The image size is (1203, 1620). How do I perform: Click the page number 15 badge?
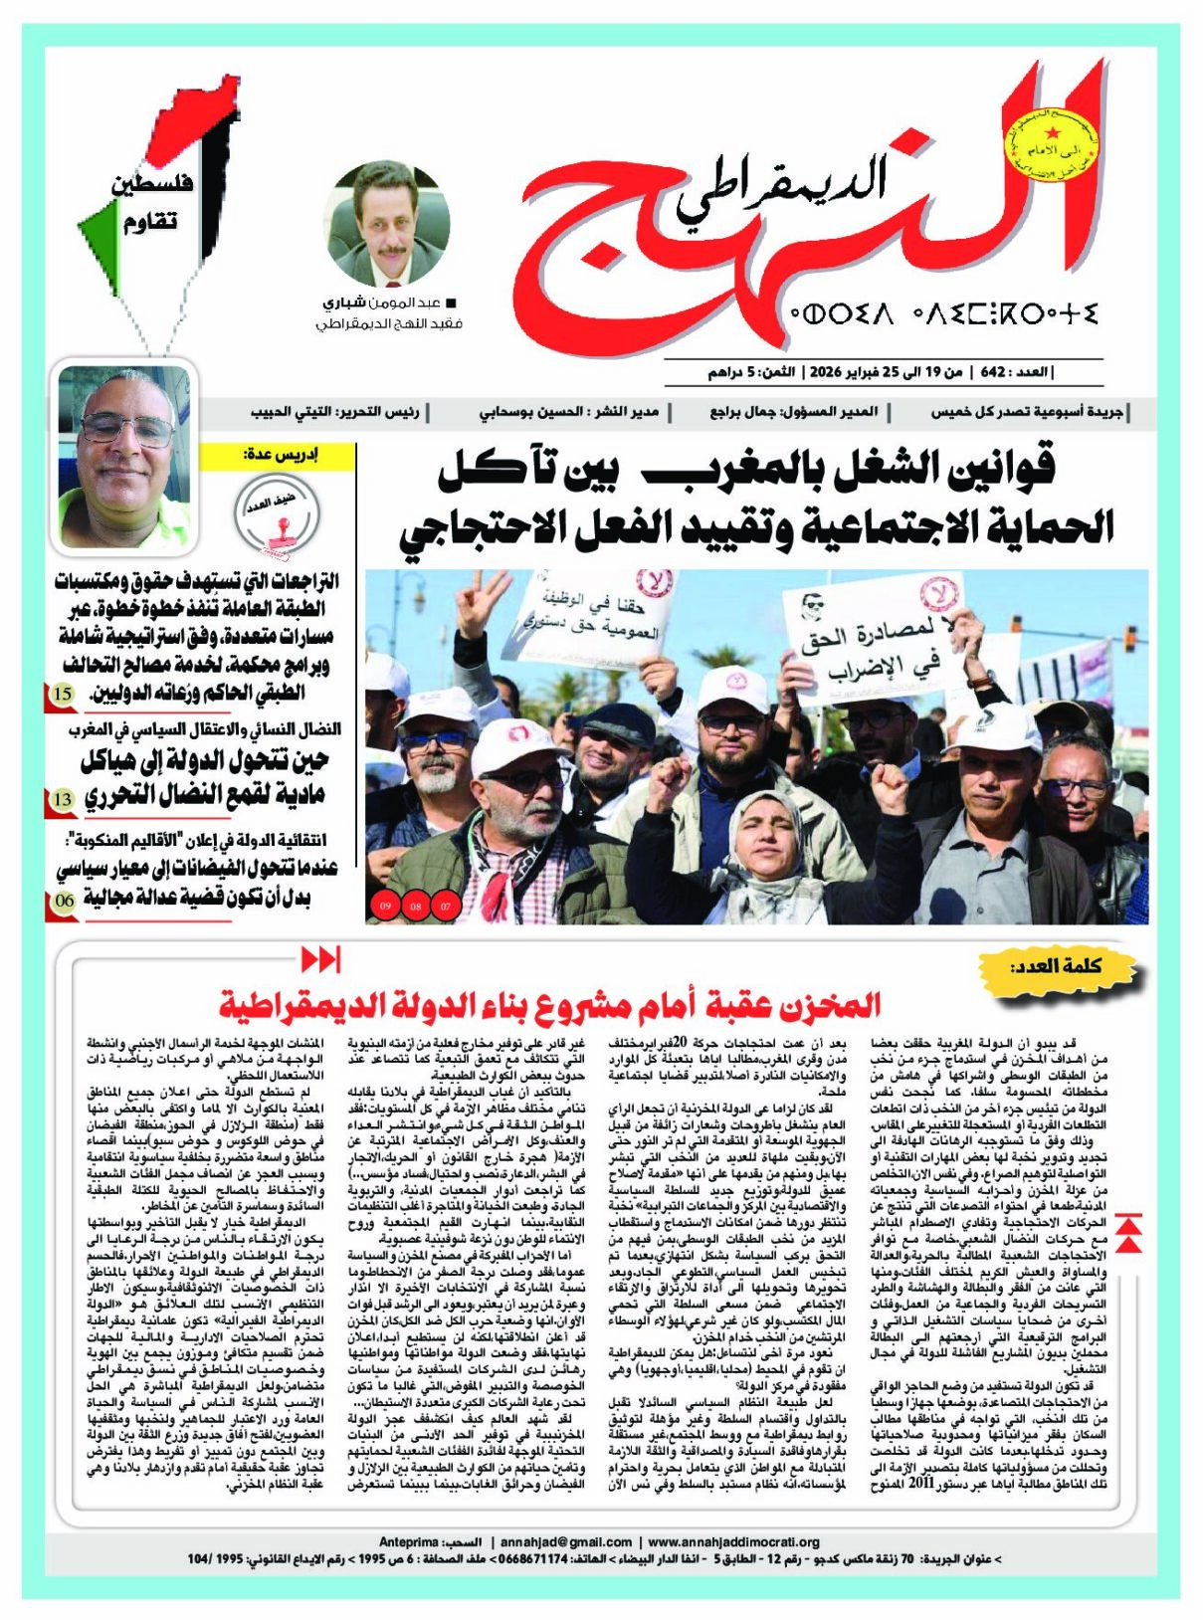(x=62, y=694)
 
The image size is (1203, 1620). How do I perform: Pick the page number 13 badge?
(x=62, y=798)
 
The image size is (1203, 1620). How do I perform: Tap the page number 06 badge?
(x=63, y=901)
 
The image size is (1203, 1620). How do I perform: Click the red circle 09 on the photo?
(x=385, y=906)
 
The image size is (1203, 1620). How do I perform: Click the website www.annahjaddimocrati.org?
(x=733, y=1541)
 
